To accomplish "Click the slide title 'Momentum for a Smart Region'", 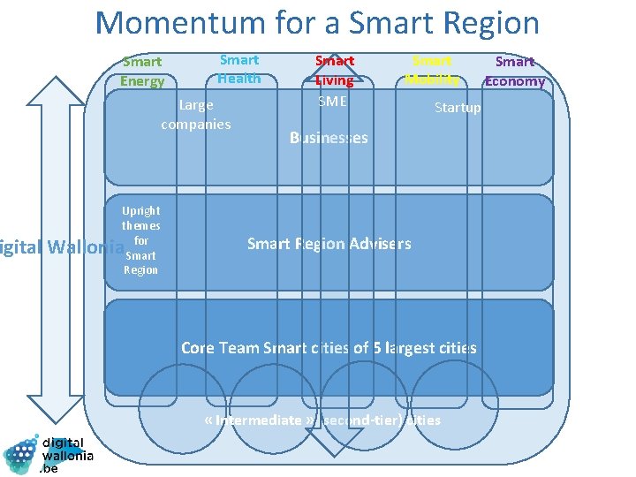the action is point(317,23).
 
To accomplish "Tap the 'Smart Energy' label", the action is point(142,72).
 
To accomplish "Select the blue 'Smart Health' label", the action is point(239,69).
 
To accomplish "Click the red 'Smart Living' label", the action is point(335,71).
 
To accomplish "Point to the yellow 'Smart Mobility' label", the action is point(432,70).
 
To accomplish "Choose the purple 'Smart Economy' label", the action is point(515,72).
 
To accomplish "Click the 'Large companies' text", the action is point(196,115).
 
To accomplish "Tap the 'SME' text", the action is point(332,102).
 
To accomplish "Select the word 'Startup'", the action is point(458,108).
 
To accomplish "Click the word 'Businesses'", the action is point(329,138).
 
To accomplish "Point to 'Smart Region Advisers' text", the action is point(329,244).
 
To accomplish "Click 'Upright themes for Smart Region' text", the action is point(140,240).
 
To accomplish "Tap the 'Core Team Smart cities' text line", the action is point(329,348).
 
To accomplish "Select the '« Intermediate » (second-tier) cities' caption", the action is point(322,420).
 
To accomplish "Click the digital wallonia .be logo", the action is point(49,453).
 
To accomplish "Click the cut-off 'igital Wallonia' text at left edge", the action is point(60,246).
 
